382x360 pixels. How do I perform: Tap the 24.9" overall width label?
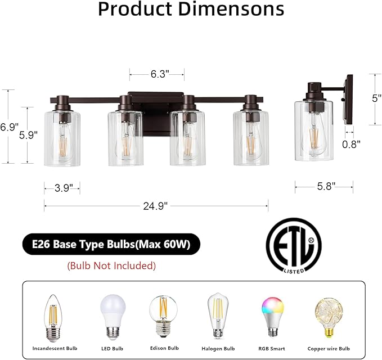156,206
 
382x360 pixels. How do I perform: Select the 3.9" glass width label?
62,188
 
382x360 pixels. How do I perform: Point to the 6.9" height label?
10,127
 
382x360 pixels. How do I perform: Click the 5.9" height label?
28,135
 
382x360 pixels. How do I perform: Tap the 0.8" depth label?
351,143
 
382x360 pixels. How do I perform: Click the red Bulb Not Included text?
111,265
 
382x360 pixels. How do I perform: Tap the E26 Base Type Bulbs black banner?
111,245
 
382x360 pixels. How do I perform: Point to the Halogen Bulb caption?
218,348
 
